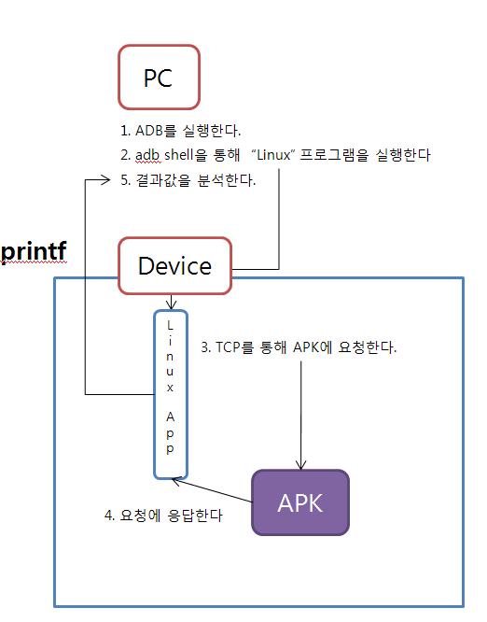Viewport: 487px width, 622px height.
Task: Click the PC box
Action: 159,77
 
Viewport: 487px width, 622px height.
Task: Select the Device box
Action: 174,265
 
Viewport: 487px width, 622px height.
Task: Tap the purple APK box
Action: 300,502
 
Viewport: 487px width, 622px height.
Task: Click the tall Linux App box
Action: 170,394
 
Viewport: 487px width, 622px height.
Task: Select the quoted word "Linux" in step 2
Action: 272,155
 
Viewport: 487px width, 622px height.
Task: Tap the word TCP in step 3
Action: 231,347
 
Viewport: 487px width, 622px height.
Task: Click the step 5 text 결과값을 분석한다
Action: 194,180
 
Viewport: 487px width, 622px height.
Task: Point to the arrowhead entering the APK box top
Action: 300,465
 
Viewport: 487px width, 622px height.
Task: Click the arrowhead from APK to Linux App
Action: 176,481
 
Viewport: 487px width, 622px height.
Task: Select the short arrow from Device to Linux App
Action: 170,302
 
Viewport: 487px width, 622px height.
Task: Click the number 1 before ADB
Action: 124,131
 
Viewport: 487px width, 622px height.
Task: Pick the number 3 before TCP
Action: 205,347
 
